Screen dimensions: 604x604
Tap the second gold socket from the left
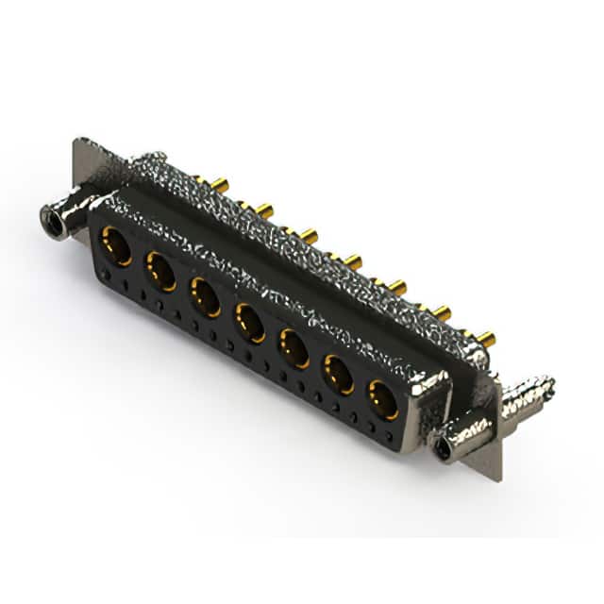pyautogui.click(x=160, y=271)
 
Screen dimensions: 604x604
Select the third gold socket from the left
pyautogui.click(x=206, y=295)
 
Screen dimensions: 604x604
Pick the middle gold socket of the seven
pyautogui.click(x=250, y=322)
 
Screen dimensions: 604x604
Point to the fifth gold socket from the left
pyautogui.click(x=294, y=348)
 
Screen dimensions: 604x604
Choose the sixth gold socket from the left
pyautogui.click(x=339, y=374)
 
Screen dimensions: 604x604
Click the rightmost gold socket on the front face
pyautogui.click(x=383, y=399)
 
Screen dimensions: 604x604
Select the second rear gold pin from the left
pyautogui.click(x=263, y=210)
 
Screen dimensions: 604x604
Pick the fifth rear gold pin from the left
pyautogui.click(x=397, y=286)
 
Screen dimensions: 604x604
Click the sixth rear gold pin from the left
pyautogui.click(x=441, y=312)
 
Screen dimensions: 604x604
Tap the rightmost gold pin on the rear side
pyautogui.click(x=485, y=338)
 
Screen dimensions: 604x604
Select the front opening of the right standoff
pyautogui.click(x=442, y=446)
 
